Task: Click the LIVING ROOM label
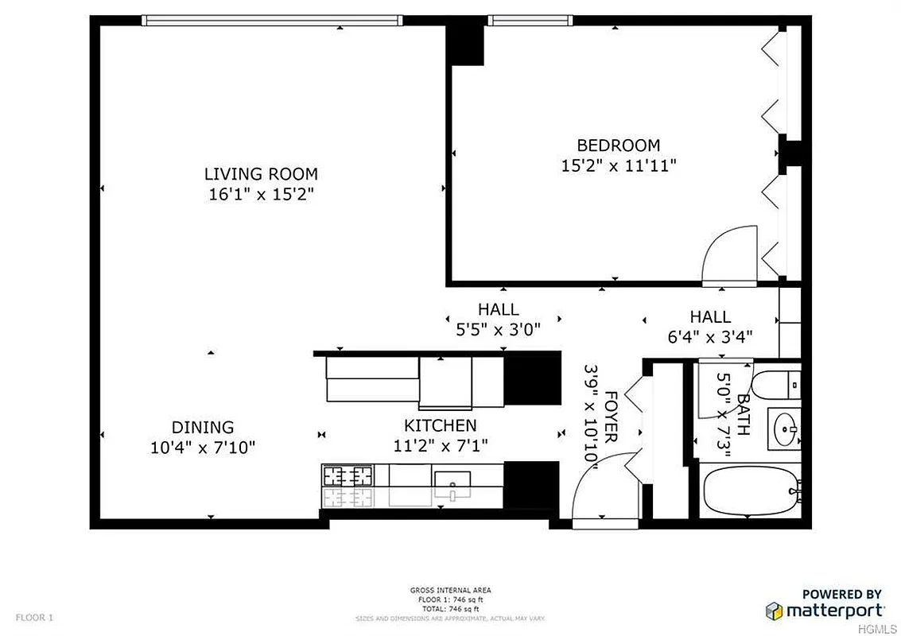261,173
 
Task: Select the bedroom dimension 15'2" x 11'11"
618,165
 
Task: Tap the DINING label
203,427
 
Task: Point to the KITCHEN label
440,425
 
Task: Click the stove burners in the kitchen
348,476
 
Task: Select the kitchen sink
452,482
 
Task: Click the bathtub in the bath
748,491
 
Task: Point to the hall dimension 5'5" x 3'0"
498,330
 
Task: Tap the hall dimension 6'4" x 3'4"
710,336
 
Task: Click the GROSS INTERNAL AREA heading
450,590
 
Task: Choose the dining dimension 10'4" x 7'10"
203,448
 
